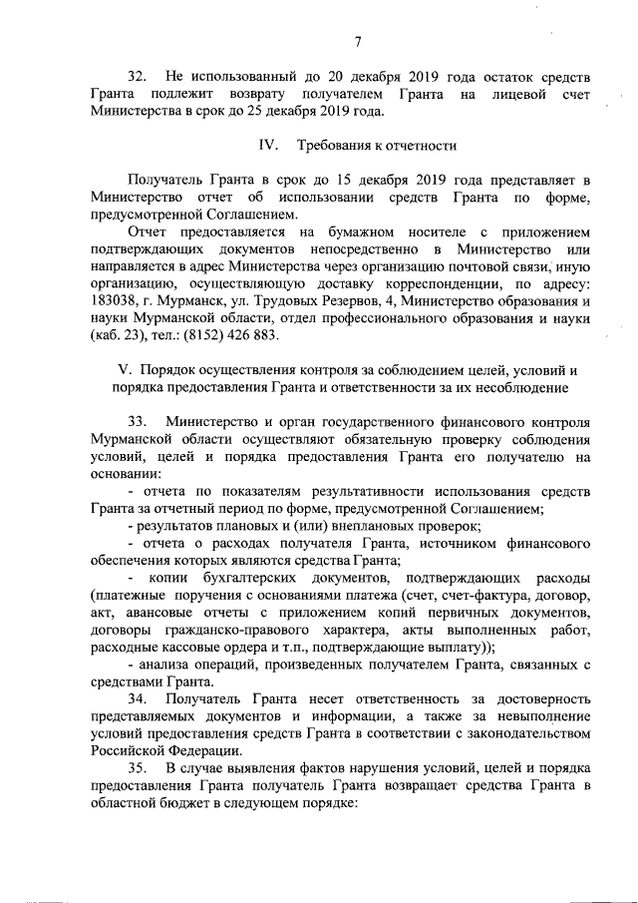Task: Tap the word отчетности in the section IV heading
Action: [420, 146]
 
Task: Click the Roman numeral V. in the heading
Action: [125, 369]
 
